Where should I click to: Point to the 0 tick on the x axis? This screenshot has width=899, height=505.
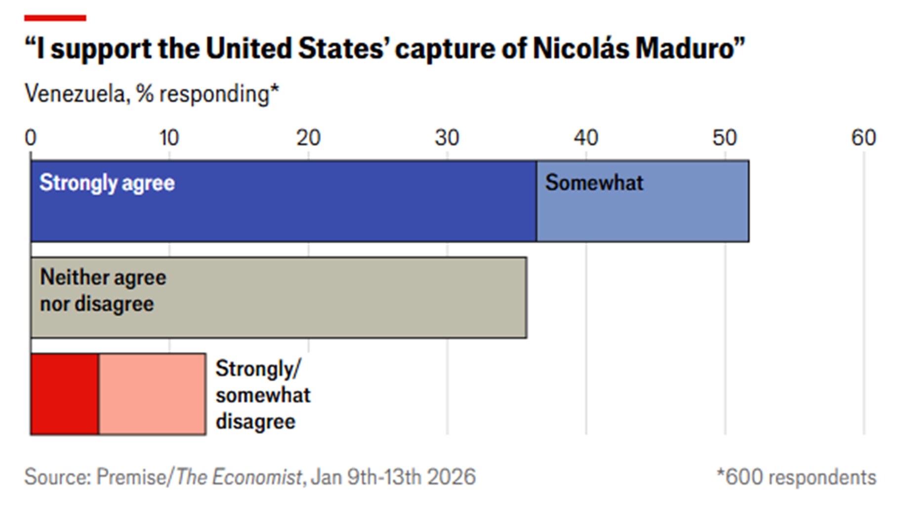pos(31,138)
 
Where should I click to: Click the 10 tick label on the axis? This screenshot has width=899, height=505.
pos(169,138)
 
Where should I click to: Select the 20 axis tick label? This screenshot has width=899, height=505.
pos(308,138)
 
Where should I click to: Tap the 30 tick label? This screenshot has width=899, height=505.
pos(447,138)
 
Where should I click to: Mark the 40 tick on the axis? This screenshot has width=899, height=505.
pos(586,138)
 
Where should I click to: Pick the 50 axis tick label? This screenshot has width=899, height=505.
pos(725,138)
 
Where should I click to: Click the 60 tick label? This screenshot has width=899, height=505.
pos(863,138)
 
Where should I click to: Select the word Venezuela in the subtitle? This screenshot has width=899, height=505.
pos(76,94)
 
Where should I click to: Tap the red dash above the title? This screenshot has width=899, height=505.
pos(55,18)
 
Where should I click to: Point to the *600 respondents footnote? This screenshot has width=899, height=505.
pos(796,477)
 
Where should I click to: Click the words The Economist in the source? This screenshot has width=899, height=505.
pos(239,477)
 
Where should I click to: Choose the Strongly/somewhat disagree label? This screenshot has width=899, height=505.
pos(263,395)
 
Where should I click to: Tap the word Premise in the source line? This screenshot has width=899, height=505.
pos(131,477)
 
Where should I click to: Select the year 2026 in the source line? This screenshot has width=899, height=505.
pos(451,477)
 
